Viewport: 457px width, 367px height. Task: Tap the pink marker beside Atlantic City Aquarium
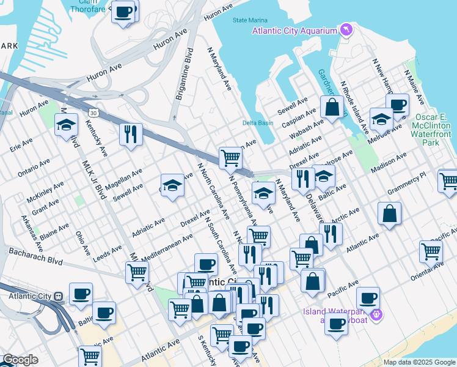pyautogui.click(x=346, y=30)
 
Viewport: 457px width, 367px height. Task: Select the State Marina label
pyautogui.click(x=249, y=20)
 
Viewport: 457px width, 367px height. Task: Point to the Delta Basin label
pyautogui.click(x=257, y=123)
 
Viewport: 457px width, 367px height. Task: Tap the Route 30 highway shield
pyautogui.click(x=92, y=113)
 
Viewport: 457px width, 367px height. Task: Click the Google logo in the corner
pyautogui.click(x=20, y=360)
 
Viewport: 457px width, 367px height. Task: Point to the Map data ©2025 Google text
pyautogui.click(x=419, y=362)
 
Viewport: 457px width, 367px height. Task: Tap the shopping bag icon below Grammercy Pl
pyautogui.click(x=389, y=213)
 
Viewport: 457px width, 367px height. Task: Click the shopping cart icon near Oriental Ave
pyautogui.click(x=431, y=251)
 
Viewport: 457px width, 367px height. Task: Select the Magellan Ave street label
pyautogui.click(x=125, y=179)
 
